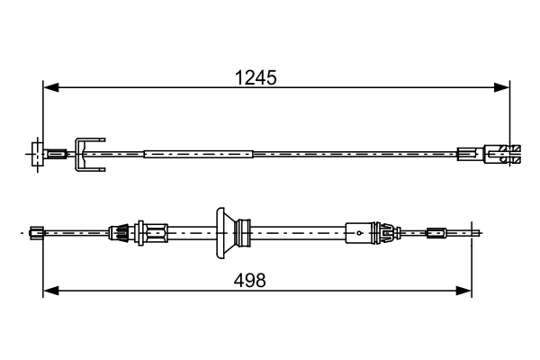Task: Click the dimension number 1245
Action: [x=256, y=77]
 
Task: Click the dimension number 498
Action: [x=250, y=280]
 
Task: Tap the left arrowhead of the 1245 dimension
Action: [x=50, y=87]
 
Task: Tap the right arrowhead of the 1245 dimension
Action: [x=503, y=87]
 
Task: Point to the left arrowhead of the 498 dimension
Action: [x=50, y=290]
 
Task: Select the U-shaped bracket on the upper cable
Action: [x=89, y=154]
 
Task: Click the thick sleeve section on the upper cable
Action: [x=198, y=154]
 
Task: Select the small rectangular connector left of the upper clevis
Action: [x=468, y=154]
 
